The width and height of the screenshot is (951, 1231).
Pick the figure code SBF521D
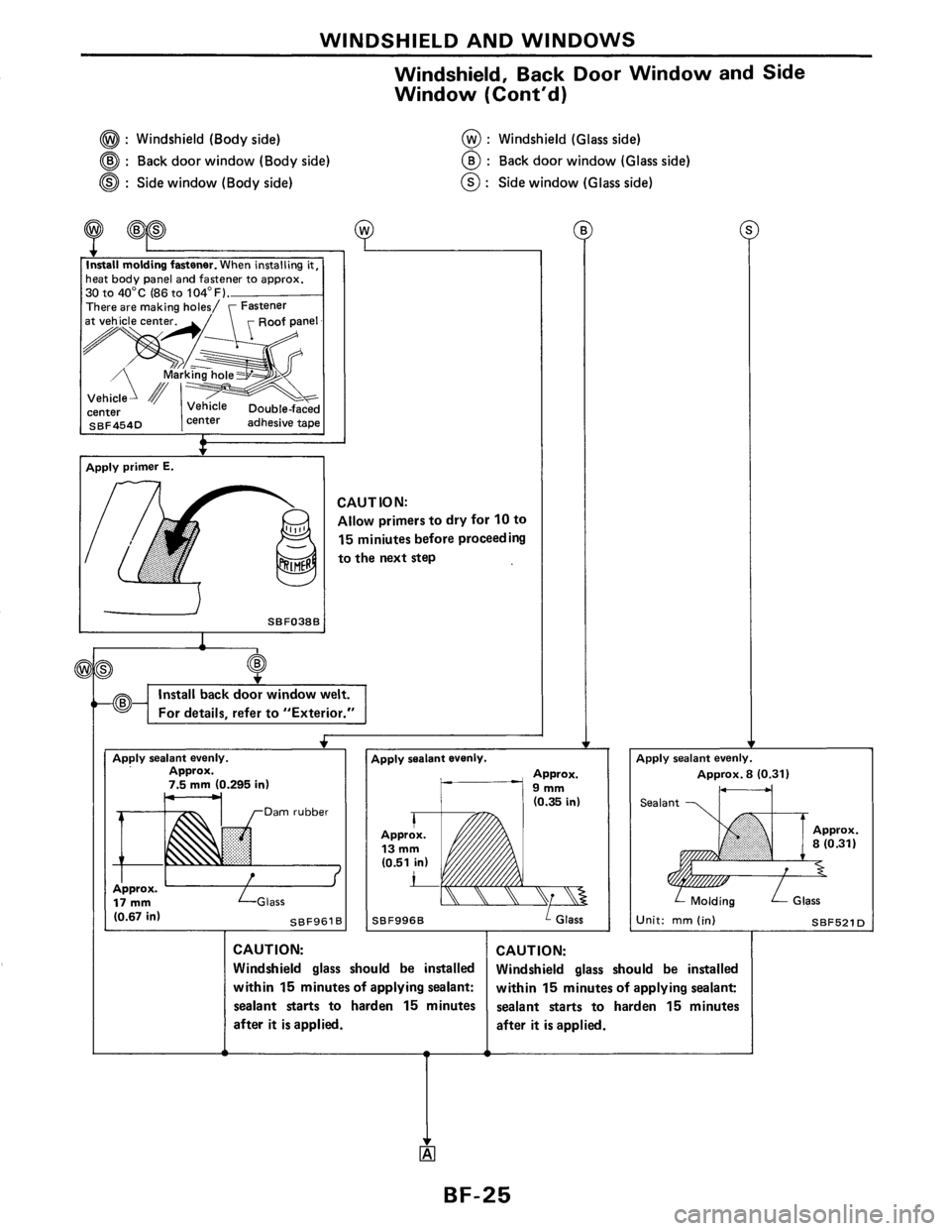(840, 921)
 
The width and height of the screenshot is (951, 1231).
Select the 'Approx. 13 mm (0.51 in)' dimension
(404, 848)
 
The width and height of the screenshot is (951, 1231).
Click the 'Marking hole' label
(198, 375)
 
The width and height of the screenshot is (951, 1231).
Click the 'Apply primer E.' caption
(130, 468)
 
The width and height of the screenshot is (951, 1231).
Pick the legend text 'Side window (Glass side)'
(576, 183)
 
